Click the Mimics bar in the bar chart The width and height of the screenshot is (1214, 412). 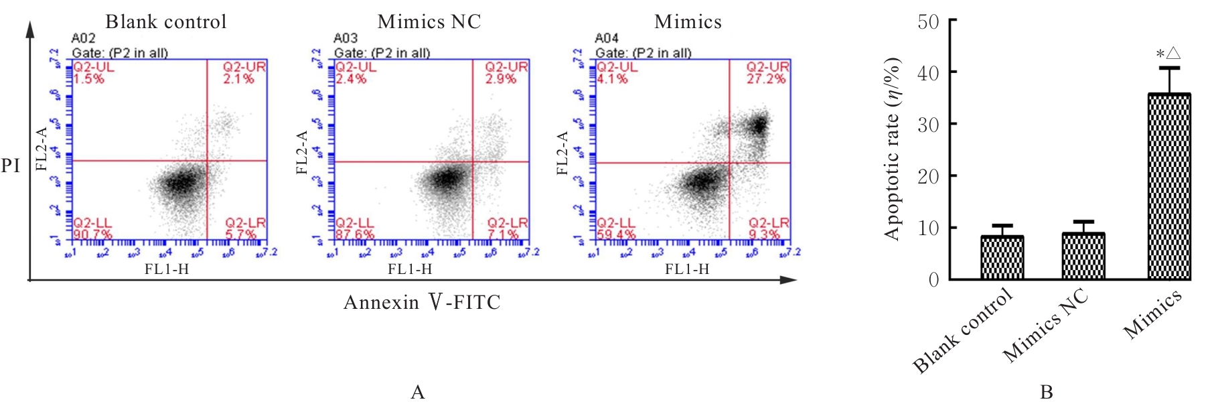click(x=1169, y=186)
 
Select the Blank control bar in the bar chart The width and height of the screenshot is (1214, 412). click(x=1002, y=257)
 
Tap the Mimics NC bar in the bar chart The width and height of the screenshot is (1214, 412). click(x=1083, y=256)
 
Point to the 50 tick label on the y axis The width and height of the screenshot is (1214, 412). click(x=928, y=22)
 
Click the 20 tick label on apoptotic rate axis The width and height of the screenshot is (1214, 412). click(x=928, y=176)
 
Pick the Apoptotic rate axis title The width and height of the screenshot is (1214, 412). click(x=892, y=149)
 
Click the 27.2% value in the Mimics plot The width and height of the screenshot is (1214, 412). click(x=767, y=79)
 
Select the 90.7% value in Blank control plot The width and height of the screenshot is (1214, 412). click(x=92, y=234)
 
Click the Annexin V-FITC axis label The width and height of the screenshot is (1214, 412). click(x=422, y=303)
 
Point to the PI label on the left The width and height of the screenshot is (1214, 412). click(x=10, y=165)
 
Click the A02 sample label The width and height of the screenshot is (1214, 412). click(x=84, y=39)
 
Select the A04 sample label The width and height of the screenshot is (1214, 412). click(x=607, y=39)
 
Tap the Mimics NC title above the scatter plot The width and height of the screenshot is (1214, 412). click(x=429, y=22)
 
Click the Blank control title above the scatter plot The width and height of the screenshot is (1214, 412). click(x=166, y=22)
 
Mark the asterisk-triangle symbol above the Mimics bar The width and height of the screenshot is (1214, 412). click(x=1168, y=54)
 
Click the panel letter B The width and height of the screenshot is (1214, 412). click(x=1046, y=393)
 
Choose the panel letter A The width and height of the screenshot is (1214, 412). click(x=418, y=393)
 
